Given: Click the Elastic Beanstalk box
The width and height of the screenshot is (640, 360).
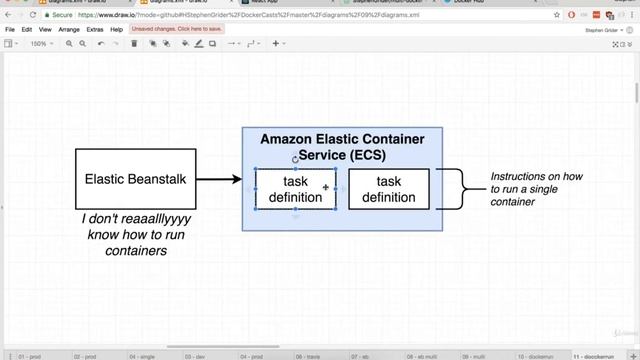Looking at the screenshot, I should click(x=136, y=179).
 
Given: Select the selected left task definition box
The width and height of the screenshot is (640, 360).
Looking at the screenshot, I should click(x=295, y=189).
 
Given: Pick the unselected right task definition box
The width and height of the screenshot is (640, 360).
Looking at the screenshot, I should click(x=388, y=189).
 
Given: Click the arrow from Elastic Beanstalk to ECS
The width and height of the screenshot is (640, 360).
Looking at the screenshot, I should click(x=219, y=180).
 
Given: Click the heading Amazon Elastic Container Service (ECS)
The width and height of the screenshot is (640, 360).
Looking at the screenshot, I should click(x=342, y=147).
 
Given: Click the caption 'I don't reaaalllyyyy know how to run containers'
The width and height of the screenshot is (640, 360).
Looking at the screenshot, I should click(x=135, y=234).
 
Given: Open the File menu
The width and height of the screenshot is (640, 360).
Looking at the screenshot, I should click(x=10, y=30).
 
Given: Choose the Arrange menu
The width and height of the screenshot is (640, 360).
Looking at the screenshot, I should click(x=69, y=30).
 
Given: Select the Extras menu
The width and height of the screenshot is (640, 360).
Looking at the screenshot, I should click(x=95, y=30).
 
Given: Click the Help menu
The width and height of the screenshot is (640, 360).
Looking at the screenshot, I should click(x=117, y=30).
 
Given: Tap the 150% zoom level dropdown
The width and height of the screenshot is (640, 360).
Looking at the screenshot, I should click(x=41, y=44).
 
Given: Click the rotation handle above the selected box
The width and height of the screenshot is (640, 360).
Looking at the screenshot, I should click(x=295, y=159).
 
